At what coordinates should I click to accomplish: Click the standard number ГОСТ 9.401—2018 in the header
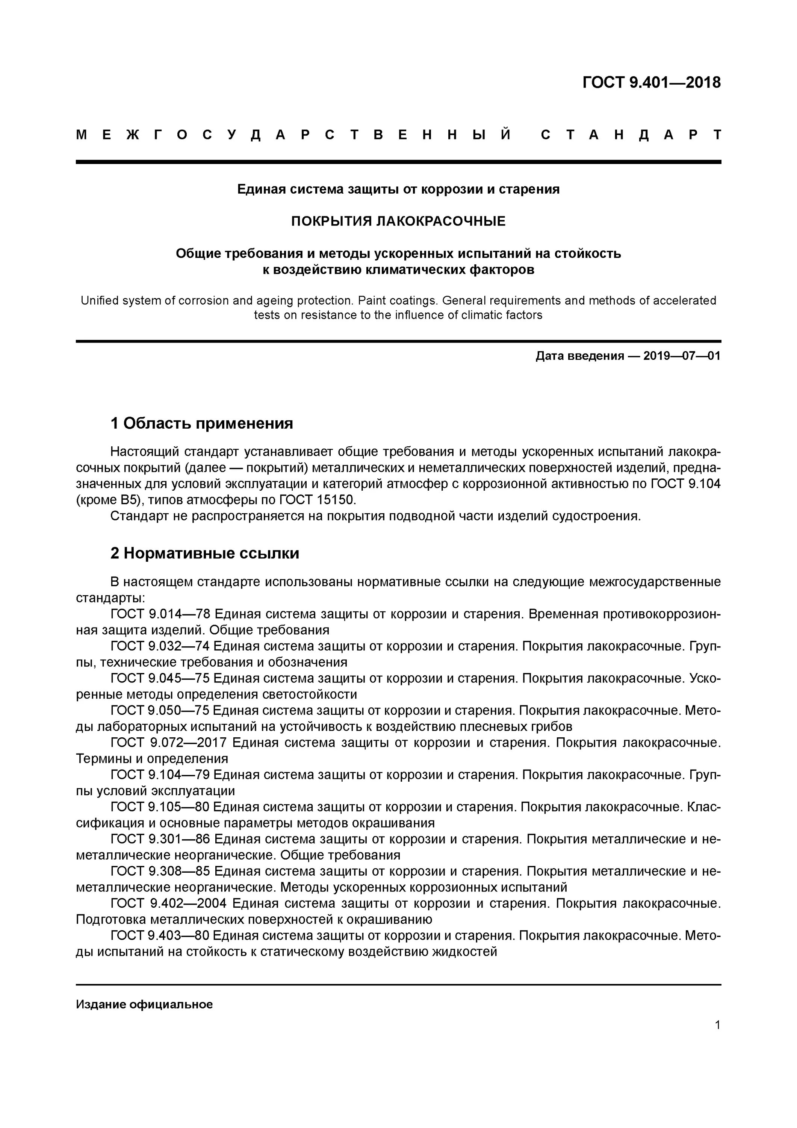pyautogui.click(x=651, y=83)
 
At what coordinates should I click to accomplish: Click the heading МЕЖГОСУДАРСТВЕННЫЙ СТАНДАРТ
pyautogui.click(x=398, y=135)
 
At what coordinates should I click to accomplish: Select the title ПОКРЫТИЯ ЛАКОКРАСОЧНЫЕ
pyautogui.click(x=398, y=221)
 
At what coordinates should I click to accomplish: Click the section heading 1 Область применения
pyautogui.click(x=202, y=423)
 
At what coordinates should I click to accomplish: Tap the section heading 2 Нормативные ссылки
pyautogui.click(x=205, y=553)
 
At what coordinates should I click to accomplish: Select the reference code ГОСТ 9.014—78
pyautogui.click(x=160, y=614)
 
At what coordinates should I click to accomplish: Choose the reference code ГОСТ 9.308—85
pyautogui.click(x=160, y=871)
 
